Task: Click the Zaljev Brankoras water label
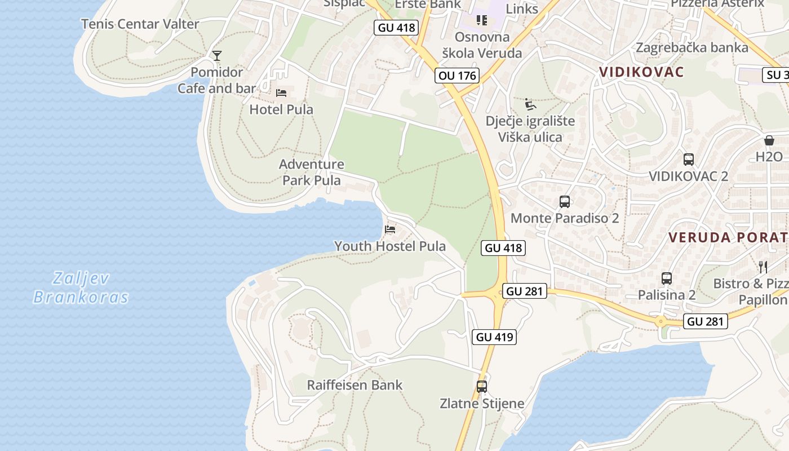81,288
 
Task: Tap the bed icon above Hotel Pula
281,92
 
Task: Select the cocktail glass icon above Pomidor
217,55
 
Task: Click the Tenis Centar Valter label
140,24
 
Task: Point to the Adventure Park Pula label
312,172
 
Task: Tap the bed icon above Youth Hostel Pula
390,229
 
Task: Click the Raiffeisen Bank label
354,385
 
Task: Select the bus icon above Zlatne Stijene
482,386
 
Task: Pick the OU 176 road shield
456,76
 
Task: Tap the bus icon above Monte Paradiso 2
565,202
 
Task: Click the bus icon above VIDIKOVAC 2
688,160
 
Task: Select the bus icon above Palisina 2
667,278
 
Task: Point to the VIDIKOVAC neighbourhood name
642,72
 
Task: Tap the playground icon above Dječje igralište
530,104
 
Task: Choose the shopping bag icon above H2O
769,140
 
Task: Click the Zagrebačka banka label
692,47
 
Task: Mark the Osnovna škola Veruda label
482,45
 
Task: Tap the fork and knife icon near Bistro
763,267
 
